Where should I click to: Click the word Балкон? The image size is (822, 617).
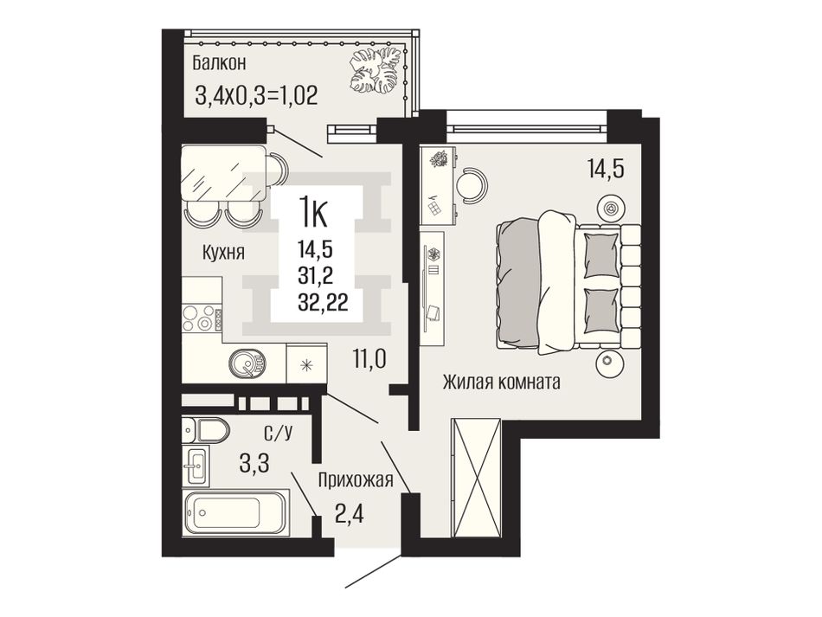coord(219,63)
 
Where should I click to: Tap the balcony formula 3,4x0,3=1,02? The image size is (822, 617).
coord(256,96)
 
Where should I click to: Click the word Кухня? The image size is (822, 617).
coord(223,253)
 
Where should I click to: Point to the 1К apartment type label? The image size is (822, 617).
coord(313,212)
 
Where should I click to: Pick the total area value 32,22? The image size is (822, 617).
coord(323,303)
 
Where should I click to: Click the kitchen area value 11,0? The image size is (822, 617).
coord(369,360)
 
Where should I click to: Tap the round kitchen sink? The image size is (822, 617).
coord(247,363)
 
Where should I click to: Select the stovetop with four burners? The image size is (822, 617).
coord(201,318)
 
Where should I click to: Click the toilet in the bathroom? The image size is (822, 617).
coord(206,431)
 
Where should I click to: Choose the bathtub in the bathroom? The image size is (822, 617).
coord(235,512)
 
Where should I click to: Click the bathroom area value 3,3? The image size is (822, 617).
coord(254,464)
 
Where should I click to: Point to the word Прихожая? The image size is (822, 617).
coord(356,479)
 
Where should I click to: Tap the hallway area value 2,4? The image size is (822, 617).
coord(350,514)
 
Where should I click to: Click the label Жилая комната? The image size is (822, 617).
coord(502,382)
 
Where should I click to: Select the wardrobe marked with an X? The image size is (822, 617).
coord(477,478)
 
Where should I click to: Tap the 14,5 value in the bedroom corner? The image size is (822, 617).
coord(606,170)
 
